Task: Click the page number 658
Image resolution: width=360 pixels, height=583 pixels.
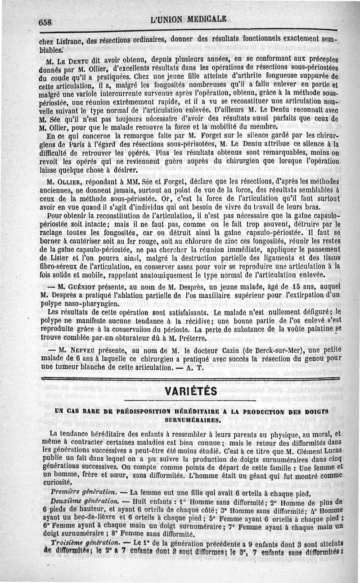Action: pyautogui.click(x=46, y=23)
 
